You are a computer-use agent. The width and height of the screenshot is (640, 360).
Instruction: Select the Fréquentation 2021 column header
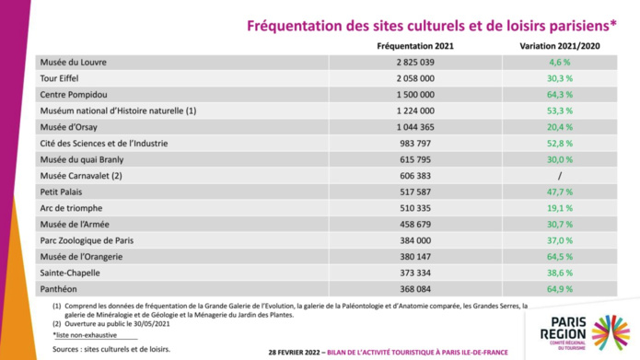[415, 45]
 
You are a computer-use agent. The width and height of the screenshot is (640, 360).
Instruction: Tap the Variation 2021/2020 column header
[561, 45]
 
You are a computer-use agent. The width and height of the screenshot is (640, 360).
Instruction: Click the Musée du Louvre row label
[74, 63]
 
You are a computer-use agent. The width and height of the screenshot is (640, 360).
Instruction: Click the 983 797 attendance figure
[415, 144]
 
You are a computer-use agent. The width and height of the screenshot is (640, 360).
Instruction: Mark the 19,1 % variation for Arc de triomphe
[561, 208]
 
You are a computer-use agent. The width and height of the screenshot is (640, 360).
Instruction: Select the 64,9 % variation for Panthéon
[561, 289]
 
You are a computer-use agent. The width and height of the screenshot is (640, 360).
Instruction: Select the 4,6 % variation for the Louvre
[561, 63]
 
